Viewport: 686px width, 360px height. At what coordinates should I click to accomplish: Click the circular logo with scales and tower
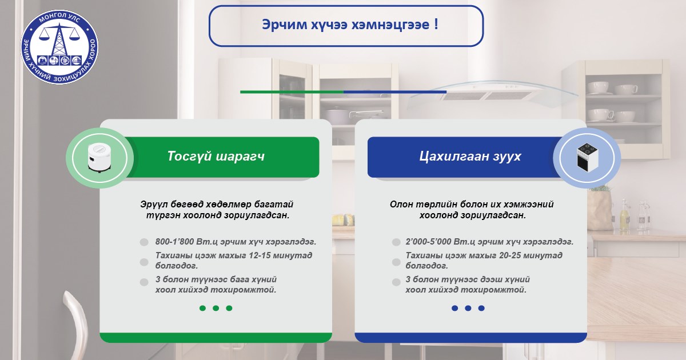click(x=59, y=47)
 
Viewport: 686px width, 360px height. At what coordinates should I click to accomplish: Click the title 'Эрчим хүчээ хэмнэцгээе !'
click(x=350, y=25)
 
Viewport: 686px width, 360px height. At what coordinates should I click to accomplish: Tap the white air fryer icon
click(x=99, y=158)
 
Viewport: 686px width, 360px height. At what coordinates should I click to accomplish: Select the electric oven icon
click(x=587, y=158)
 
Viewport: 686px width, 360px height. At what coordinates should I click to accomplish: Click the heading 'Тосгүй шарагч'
click(x=216, y=156)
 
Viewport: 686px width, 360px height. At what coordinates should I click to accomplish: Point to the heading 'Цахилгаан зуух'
click(x=470, y=156)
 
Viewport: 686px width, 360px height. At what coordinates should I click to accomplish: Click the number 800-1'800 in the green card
click(x=174, y=242)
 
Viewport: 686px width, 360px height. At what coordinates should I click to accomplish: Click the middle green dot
click(x=216, y=308)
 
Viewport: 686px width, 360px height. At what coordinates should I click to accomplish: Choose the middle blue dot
click(x=468, y=308)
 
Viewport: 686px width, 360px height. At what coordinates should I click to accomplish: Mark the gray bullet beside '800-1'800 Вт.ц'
click(x=144, y=242)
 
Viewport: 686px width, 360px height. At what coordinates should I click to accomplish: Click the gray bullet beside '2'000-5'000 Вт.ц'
click(x=396, y=242)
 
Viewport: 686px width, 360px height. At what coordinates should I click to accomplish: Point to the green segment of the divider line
click(x=292, y=92)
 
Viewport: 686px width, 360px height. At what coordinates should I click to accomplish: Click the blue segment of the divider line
click(x=395, y=92)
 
